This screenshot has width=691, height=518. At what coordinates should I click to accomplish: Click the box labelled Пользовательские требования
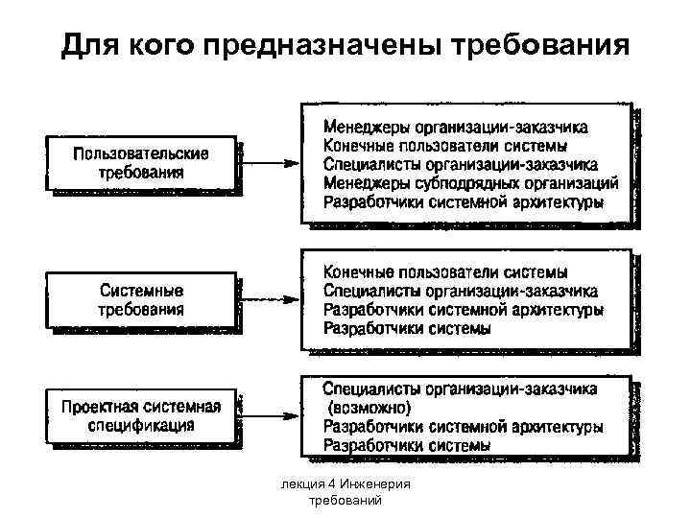point(141,164)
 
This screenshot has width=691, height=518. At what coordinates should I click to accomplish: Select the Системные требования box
point(141,299)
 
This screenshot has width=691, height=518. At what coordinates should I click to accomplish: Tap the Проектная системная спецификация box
point(141,414)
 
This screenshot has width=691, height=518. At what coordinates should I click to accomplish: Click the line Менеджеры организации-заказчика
point(456,127)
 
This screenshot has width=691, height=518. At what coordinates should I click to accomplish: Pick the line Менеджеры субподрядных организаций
point(470,183)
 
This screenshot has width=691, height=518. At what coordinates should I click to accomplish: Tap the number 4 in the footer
point(327,484)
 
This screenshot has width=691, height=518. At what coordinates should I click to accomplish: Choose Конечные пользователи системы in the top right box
point(444,146)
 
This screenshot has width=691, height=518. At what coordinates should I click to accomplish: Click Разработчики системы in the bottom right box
point(407,446)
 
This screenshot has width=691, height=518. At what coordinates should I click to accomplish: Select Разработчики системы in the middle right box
point(407,329)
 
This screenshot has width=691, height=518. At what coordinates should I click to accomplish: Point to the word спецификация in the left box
point(142,424)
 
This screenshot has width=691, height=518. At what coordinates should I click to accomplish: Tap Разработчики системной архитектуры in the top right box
point(463,202)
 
